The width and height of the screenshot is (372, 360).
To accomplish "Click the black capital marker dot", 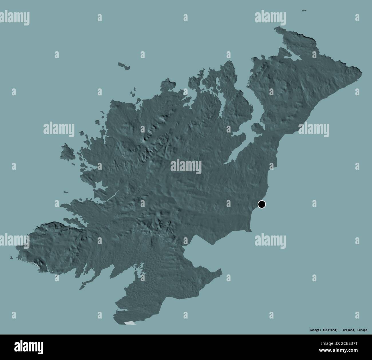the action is (x=262, y=204).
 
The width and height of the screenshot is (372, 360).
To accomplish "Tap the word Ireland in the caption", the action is (x=350, y=330).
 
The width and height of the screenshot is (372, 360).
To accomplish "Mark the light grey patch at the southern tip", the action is (x=130, y=323).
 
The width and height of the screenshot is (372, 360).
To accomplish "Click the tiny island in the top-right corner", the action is (x=304, y=11).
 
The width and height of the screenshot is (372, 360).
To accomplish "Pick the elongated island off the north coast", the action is (x=124, y=65).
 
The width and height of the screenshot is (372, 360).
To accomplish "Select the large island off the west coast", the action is (x=67, y=151).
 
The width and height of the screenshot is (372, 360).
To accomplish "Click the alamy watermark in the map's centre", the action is (x=186, y=167).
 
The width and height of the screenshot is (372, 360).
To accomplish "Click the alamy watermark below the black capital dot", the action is (x=270, y=240).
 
